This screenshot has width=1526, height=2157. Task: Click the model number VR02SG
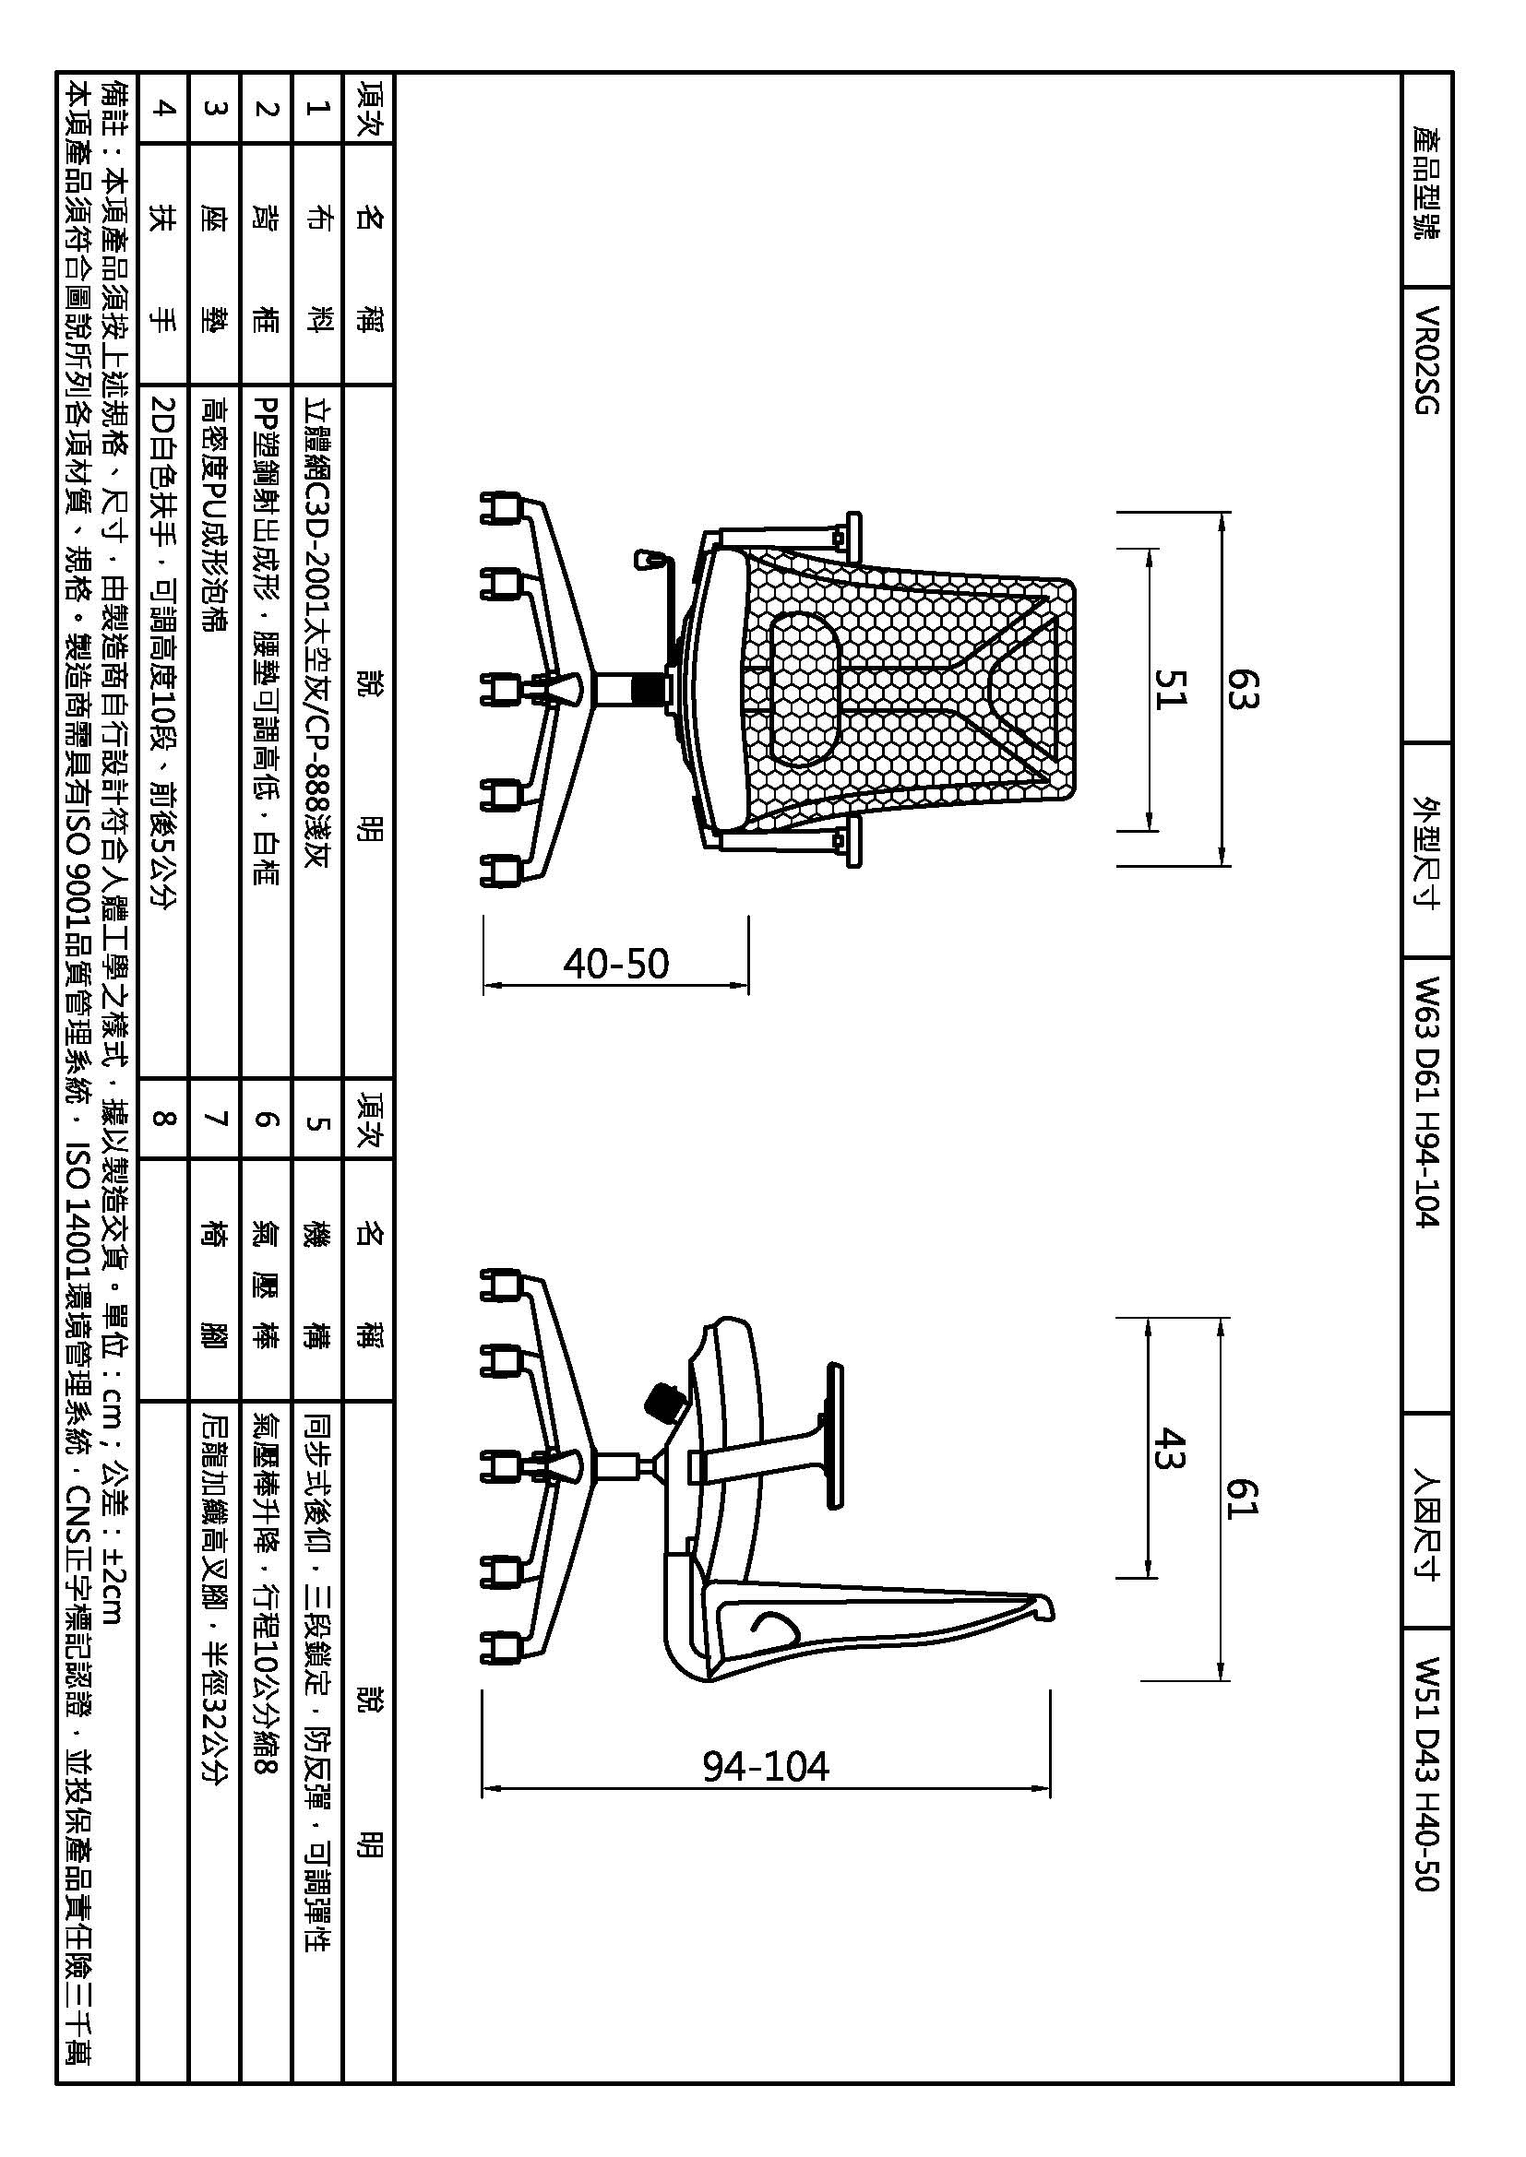pyautogui.click(x=1426, y=361)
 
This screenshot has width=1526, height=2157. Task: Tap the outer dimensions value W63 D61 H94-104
pyautogui.click(x=1426, y=1103)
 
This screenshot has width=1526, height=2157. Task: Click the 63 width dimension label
pyautogui.click(x=1240, y=689)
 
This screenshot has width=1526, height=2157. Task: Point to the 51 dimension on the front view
pyautogui.click(x=1171, y=689)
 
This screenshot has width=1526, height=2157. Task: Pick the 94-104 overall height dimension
pyautogui.click(x=766, y=1767)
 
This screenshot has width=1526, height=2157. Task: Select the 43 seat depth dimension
pyautogui.click(x=1171, y=1449)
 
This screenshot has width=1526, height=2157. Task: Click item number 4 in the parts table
pyautogui.click(x=163, y=108)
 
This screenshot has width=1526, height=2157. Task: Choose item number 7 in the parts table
pyautogui.click(x=215, y=1118)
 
